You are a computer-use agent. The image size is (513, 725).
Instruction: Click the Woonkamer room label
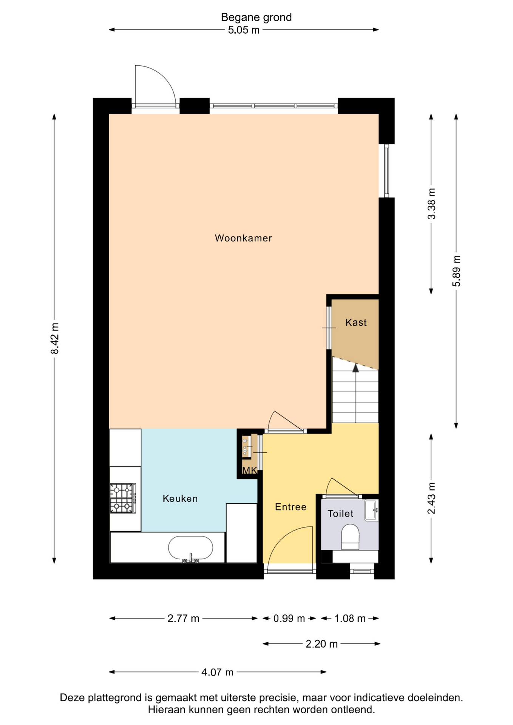243,238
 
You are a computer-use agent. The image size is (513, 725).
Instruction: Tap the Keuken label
180,498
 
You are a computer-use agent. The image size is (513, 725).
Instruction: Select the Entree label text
290,507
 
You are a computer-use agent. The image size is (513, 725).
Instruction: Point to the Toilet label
340,514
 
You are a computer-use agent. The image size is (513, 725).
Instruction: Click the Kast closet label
356,322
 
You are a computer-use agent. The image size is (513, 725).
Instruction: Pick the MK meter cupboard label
249,470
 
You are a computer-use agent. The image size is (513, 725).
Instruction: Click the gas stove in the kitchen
123,498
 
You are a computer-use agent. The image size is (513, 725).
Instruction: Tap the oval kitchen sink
190,548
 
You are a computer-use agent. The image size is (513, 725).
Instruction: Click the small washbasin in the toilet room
371,510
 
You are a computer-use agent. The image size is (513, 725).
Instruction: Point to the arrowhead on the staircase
355,368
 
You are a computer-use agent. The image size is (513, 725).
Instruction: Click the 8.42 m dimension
55,338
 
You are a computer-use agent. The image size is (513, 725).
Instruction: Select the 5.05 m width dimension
244,30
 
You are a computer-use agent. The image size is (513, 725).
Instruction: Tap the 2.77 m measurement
183,619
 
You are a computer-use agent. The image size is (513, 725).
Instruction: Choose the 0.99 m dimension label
289,619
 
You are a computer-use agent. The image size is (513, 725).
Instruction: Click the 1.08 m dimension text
350,619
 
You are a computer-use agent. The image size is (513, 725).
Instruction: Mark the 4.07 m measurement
217,672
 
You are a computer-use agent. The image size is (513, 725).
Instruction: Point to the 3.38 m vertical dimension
431,204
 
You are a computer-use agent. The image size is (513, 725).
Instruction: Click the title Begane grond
256,17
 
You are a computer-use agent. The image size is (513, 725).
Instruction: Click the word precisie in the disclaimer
279,698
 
